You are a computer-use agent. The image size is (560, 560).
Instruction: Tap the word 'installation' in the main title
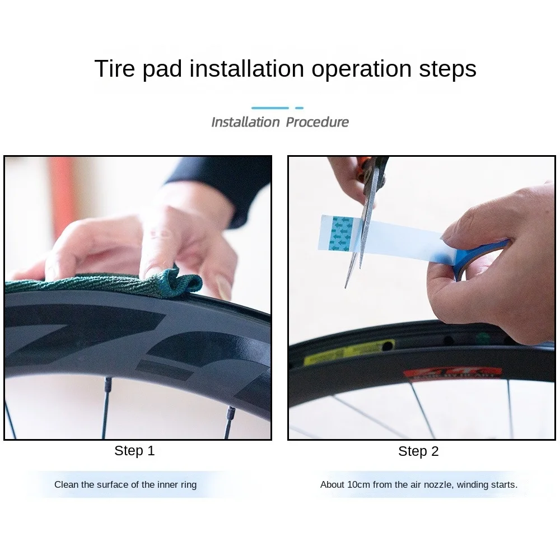(247, 69)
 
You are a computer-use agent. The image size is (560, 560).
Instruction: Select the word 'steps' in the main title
(447, 69)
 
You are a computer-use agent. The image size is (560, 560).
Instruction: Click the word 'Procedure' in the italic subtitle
(317, 122)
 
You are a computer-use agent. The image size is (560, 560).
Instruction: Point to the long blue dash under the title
(270, 108)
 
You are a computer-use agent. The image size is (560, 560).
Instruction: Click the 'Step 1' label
(134, 451)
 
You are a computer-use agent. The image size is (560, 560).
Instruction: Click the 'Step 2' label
(418, 451)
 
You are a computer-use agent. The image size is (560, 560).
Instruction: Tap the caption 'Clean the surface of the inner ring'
(125, 484)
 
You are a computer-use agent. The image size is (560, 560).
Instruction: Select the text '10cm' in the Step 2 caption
(358, 484)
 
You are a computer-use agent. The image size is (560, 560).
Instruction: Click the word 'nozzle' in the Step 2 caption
(438, 484)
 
